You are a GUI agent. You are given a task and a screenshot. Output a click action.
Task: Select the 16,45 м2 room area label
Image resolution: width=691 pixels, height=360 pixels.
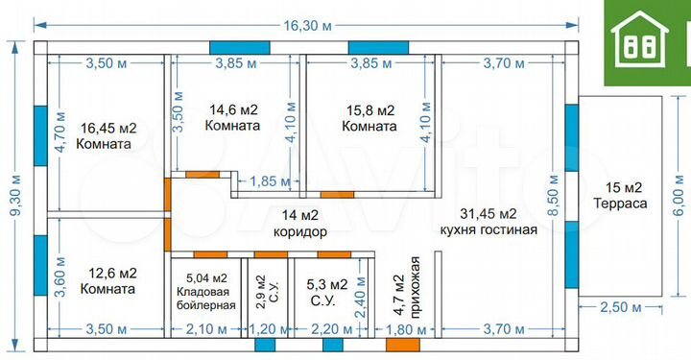pos(108,128)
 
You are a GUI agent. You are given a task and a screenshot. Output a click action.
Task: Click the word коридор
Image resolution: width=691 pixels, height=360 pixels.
pos(300,231)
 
